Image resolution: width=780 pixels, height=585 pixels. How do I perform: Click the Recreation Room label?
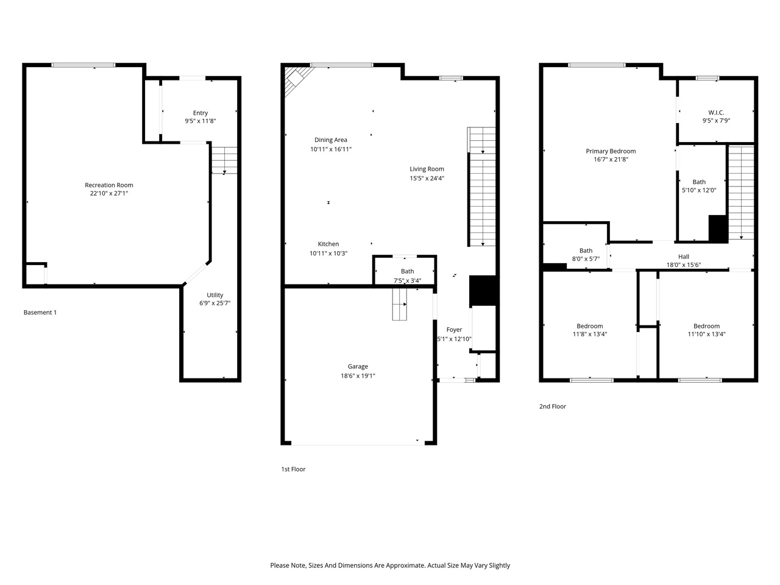[x=108, y=185]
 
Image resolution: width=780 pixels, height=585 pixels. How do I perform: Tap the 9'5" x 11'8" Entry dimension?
[x=200, y=121]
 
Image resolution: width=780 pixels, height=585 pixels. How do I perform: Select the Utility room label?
[x=214, y=295]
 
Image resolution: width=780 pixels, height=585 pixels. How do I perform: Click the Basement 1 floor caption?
[x=40, y=313]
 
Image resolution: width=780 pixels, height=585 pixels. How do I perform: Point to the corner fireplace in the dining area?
[x=297, y=81]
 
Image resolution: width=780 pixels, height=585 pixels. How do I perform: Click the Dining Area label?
[x=330, y=140]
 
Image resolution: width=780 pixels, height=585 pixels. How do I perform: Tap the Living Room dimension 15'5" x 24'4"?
[x=427, y=179]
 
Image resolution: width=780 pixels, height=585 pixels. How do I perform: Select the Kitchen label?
[x=328, y=244]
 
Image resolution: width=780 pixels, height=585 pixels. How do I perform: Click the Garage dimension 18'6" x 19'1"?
[x=358, y=376]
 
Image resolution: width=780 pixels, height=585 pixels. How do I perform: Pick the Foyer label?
[x=454, y=330]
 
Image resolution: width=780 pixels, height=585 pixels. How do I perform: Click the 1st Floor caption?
[x=293, y=469]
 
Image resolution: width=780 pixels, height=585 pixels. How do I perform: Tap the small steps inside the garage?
[x=399, y=304]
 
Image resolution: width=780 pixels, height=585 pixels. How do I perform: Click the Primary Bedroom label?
[x=611, y=151]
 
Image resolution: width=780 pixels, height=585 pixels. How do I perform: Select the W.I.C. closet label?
[x=716, y=113]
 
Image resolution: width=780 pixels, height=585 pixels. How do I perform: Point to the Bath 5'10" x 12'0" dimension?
[x=698, y=190]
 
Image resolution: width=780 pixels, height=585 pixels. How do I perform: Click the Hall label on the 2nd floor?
[x=683, y=257]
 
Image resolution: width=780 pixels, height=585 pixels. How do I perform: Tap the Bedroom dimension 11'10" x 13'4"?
[x=706, y=334]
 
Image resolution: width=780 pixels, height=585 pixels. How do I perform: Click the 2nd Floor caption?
[x=553, y=406]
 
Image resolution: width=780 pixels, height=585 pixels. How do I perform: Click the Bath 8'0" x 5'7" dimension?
[x=586, y=259]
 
